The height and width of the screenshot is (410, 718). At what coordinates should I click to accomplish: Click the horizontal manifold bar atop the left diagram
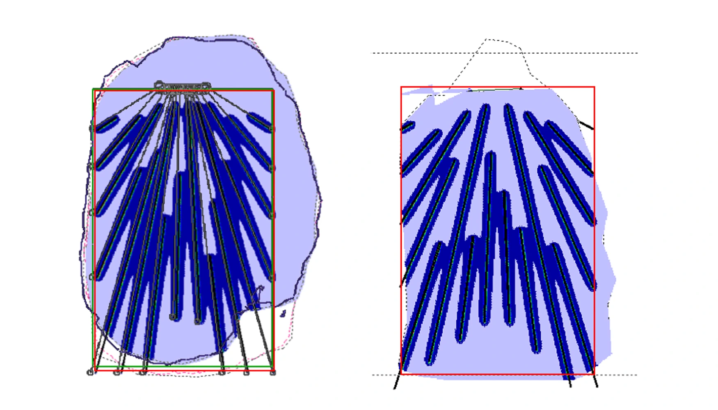coord(183,87)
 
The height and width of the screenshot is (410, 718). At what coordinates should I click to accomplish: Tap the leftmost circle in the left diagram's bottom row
coord(90,372)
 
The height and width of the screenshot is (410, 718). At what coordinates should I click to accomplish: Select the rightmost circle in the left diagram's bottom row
coord(273,372)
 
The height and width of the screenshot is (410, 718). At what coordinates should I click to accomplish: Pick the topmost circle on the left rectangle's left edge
coord(92,128)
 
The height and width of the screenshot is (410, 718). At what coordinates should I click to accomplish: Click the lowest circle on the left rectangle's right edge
coord(272,278)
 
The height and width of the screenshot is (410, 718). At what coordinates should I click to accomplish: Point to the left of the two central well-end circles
coord(173,317)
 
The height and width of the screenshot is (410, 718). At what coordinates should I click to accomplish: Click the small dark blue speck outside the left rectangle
coord(283,314)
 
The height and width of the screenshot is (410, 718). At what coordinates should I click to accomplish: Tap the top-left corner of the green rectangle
coord(93,89)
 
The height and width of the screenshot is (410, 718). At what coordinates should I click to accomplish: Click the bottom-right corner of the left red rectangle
coord(274,371)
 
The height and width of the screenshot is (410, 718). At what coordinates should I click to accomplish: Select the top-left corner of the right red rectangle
coord(401,87)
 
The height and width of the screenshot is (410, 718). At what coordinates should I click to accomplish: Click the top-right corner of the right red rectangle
coord(594,87)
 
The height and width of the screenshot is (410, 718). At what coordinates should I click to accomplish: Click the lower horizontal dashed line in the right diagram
coord(615,375)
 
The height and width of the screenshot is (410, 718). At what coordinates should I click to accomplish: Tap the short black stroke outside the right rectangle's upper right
coord(586,125)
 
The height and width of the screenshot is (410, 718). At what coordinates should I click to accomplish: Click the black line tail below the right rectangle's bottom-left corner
coord(396,382)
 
